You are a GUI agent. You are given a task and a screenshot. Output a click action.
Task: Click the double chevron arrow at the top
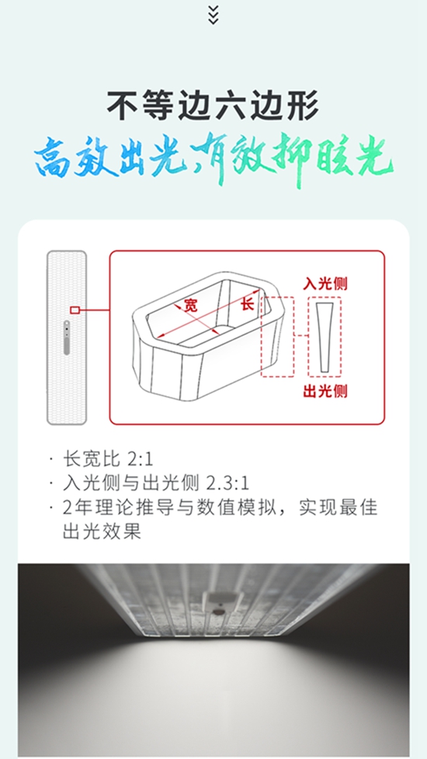click(213, 15)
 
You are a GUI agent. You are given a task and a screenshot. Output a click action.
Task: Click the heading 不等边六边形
click(213, 106)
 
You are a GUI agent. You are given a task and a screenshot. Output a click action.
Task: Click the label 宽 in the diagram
click(191, 305)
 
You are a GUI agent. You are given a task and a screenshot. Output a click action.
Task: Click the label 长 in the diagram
click(248, 304)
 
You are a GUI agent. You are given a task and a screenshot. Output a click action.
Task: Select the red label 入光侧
click(325, 284)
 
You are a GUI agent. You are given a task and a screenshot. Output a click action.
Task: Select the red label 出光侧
click(325, 391)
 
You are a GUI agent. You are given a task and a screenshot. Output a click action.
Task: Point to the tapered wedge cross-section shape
click(325, 338)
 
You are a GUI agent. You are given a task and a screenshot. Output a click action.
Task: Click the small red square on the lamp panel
click(75, 310)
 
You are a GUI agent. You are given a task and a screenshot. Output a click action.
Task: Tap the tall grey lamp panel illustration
click(67, 338)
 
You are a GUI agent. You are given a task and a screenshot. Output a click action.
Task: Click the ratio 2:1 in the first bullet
click(140, 459)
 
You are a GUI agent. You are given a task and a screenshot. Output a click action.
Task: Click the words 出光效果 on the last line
click(102, 532)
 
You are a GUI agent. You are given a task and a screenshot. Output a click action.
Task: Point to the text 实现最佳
click(338, 508)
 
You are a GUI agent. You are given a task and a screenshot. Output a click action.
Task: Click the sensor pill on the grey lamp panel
click(67, 338)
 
